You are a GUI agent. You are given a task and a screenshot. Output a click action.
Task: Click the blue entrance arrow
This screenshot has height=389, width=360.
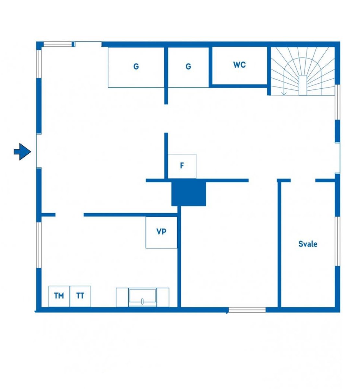click(x=22, y=151)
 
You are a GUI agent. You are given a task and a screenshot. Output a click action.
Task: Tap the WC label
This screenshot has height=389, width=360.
click(x=239, y=65)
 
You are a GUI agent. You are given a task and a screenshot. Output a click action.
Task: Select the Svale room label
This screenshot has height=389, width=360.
click(x=308, y=244)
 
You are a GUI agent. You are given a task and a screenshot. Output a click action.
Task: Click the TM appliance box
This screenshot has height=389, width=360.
click(x=59, y=296)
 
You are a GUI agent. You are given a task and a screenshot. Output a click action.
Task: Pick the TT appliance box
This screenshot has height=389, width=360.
click(x=80, y=296)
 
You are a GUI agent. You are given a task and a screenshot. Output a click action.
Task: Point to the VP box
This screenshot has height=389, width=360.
click(x=161, y=232)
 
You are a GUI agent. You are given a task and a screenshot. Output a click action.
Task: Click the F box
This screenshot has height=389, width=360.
click(x=182, y=166)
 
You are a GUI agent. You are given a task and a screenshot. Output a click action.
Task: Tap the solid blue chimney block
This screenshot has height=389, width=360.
click(x=189, y=193)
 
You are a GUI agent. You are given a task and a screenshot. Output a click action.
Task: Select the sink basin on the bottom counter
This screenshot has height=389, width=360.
click(x=143, y=297)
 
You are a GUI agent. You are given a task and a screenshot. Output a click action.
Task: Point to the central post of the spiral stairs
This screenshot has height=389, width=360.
click(x=303, y=85)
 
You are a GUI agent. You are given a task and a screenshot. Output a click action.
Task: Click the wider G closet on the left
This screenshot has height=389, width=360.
click(x=136, y=67)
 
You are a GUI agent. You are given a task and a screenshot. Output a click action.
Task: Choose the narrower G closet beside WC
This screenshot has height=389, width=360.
click(x=188, y=67)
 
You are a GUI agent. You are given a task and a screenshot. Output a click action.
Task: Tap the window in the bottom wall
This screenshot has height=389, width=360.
click(x=247, y=310)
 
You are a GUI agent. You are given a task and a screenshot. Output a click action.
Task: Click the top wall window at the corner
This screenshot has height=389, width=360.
click(x=57, y=45)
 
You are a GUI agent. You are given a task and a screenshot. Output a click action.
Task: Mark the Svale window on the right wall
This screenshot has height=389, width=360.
click(x=338, y=241)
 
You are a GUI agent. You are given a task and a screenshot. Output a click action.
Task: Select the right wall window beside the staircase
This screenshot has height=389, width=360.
click(x=338, y=102)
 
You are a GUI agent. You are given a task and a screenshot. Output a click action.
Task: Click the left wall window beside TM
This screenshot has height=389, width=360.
click(x=39, y=245)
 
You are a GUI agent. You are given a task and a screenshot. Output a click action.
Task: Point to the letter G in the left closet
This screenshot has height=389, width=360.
click(x=136, y=67)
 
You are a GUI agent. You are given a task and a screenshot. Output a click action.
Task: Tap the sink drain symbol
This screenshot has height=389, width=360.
click(x=142, y=302)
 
